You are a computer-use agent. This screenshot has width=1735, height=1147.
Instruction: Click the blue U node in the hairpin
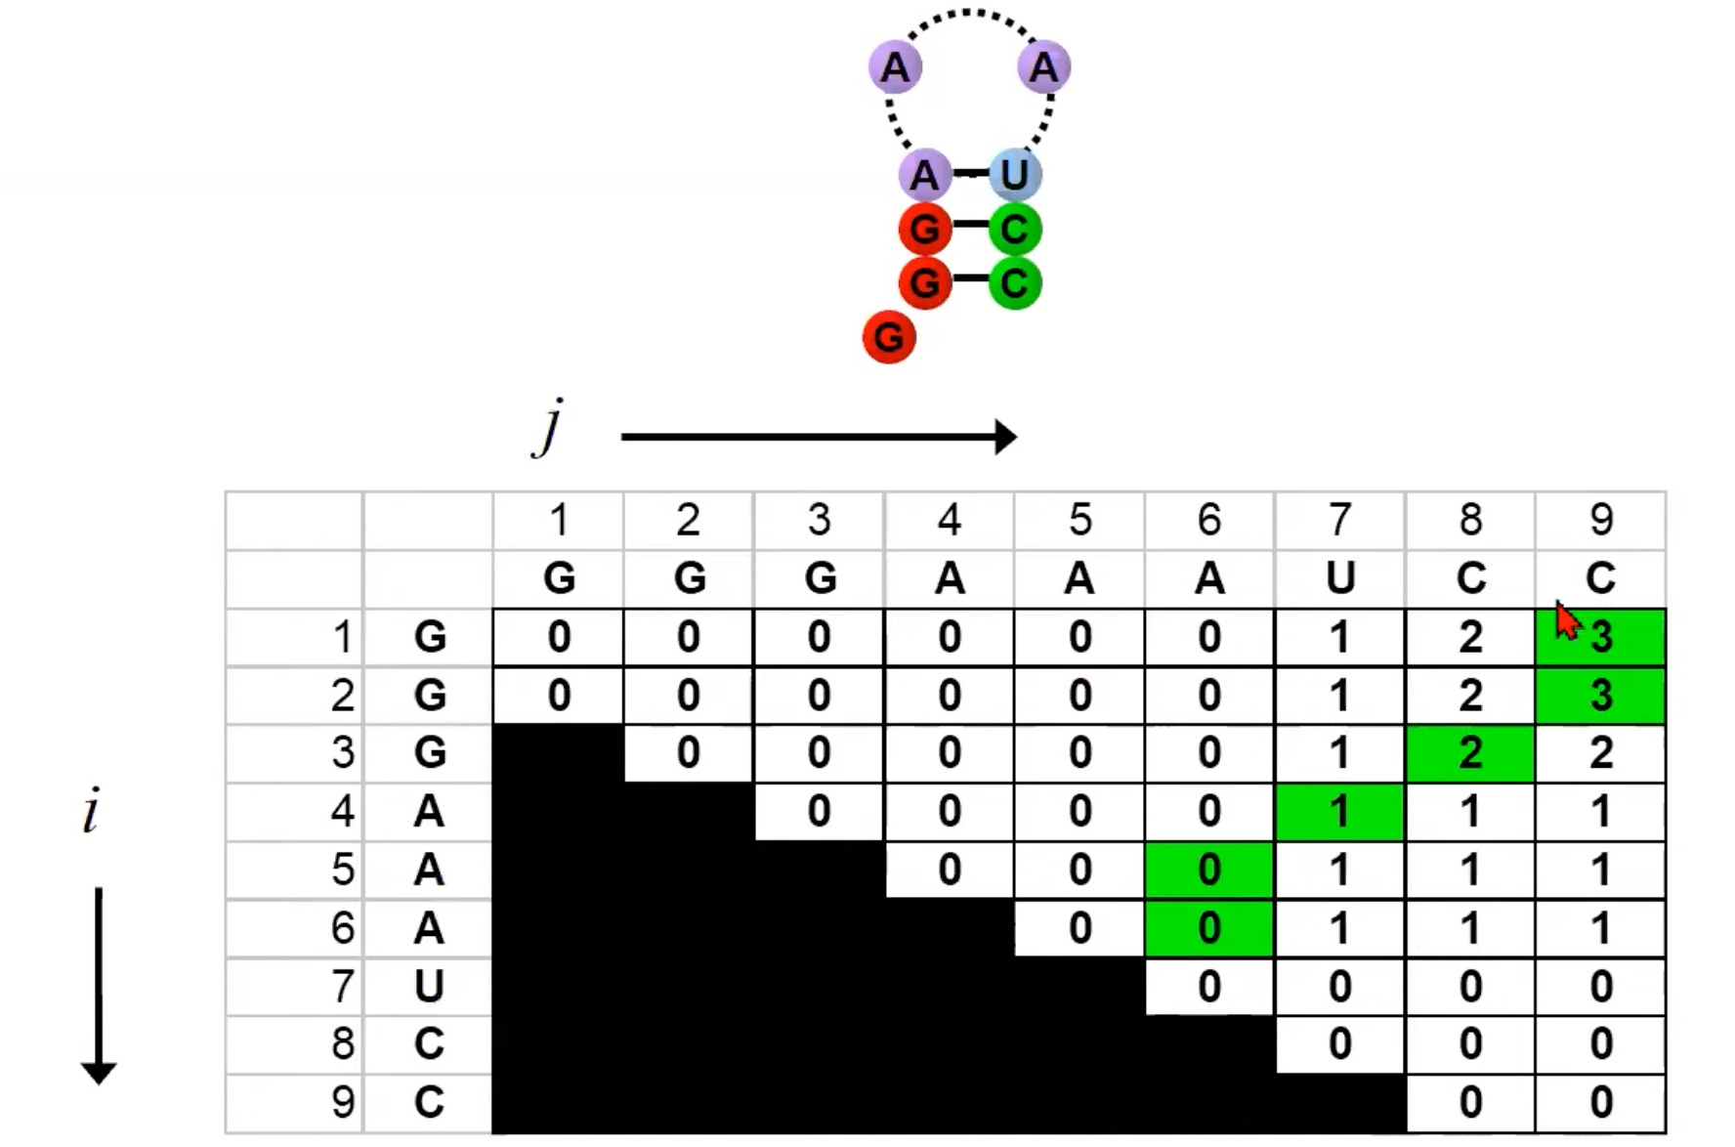(1015, 175)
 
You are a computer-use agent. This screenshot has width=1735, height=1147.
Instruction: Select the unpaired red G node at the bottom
(889, 337)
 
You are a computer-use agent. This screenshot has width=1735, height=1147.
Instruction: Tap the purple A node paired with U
(924, 175)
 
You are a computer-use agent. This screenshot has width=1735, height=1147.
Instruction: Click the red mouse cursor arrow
(1566, 620)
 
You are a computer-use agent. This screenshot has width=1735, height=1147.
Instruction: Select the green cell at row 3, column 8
(1470, 753)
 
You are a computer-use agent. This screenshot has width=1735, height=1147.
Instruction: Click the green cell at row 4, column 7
(1339, 812)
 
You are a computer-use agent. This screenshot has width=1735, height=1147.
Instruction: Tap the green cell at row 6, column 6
(1209, 928)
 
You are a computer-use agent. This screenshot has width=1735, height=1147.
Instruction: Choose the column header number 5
(1079, 520)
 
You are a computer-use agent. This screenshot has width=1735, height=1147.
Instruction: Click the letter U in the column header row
(1339, 578)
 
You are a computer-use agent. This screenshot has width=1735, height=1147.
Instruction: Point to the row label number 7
(342, 986)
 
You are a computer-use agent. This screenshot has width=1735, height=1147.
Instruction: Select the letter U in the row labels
(429, 986)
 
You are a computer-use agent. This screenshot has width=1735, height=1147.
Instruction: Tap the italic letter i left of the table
(92, 812)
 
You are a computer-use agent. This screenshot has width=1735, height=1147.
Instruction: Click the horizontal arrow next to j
(819, 437)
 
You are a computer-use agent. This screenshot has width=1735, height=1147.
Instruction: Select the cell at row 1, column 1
(558, 637)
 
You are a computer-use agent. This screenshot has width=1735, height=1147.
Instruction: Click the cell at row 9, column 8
(1470, 1102)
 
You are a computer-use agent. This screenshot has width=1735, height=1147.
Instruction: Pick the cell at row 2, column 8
(1470, 695)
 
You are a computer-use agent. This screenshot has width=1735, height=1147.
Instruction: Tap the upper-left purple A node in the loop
(895, 67)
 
